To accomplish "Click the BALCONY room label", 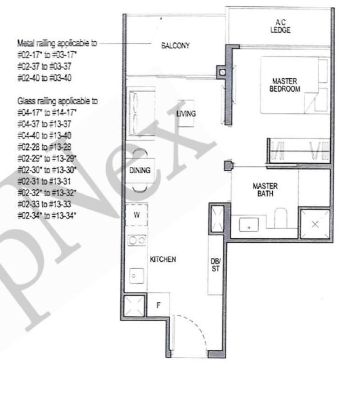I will pyautogui.click(x=175, y=45).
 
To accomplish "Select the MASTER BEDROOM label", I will pyautogui.click(x=284, y=85).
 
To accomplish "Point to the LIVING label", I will pyautogui.click(x=186, y=114).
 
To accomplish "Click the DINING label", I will pyautogui.click(x=139, y=170).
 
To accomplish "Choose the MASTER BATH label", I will pyautogui.click(x=265, y=190).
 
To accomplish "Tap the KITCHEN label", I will pyautogui.click(x=162, y=259).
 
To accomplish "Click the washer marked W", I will pyautogui.click(x=137, y=215).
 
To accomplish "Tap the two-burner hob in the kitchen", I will pyautogui.click(x=136, y=241).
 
